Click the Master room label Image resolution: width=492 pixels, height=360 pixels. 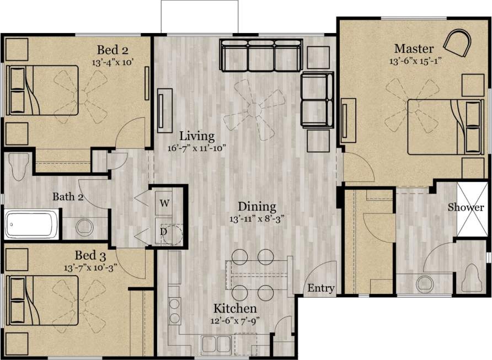pyautogui.click(x=413, y=49)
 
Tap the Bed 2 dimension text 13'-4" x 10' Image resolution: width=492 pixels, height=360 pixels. pyautogui.click(x=114, y=62)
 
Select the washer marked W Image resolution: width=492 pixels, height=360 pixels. pyautogui.click(x=164, y=202)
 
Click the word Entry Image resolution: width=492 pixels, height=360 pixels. pyautogui.click(x=320, y=288)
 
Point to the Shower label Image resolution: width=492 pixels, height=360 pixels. pyautogui.click(x=466, y=208)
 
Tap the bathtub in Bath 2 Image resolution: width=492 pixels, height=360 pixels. pyautogui.click(x=31, y=225)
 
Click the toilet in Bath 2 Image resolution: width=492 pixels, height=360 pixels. pyautogui.click(x=19, y=167)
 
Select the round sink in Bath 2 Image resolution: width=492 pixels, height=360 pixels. pyautogui.click(x=84, y=227)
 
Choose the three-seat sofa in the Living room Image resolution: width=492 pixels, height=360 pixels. pyautogui.click(x=260, y=55)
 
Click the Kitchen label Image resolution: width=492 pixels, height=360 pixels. pyautogui.click(x=235, y=308)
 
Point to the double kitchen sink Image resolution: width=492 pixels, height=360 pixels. pyautogui.click(x=216, y=344)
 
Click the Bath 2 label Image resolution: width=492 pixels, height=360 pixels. pyautogui.click(x=68, y=197)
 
